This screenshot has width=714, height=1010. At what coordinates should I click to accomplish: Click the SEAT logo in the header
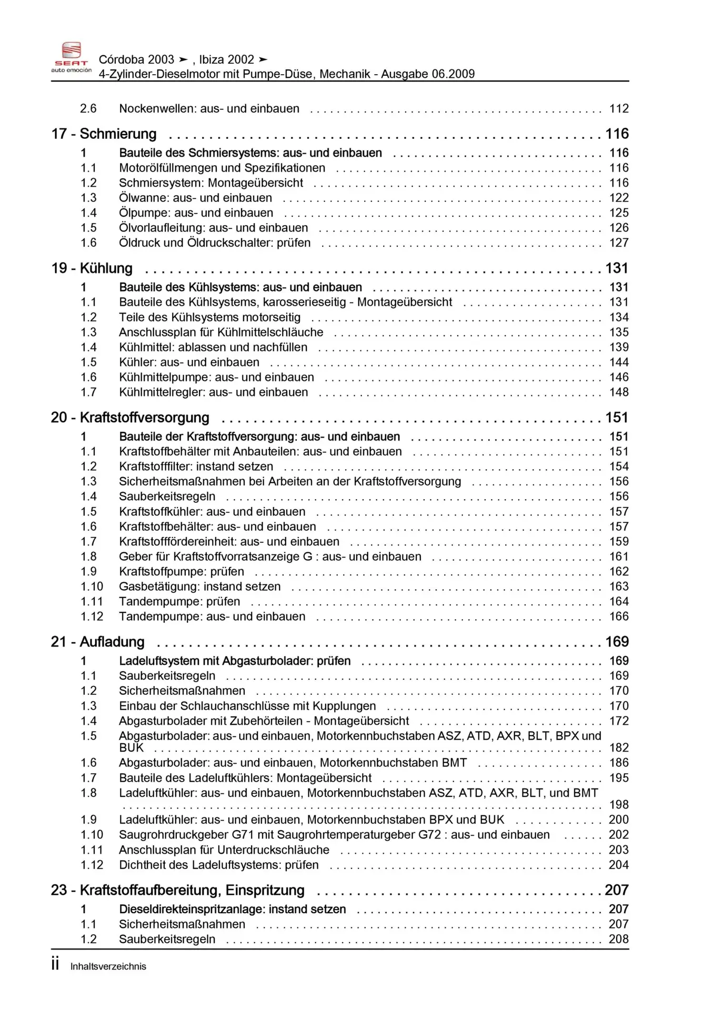tap(71, 57)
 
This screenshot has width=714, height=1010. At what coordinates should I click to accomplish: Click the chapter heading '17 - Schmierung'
tap(104, 134)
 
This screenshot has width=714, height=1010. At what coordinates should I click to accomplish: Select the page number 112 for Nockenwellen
tap(619, 109)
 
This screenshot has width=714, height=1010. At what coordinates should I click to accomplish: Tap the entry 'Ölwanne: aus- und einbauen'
tap(195, 198)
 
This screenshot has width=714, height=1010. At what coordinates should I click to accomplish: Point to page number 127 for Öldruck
tap(619, 243)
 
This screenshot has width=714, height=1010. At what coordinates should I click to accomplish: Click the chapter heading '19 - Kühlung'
tap(92, 268)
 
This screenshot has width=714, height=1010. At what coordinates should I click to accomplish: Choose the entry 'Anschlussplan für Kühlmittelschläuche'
tap(221, 332)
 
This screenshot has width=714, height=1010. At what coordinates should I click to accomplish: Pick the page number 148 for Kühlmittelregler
tap(619, 392)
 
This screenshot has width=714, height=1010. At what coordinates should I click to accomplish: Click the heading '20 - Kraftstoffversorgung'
tap(130, 418)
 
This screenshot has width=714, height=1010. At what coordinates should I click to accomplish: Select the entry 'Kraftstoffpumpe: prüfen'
tap(182, 572)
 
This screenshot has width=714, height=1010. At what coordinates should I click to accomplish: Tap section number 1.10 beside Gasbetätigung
tap(92, 587)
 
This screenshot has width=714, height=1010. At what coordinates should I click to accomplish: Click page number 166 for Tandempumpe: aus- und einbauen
tap(619, 617)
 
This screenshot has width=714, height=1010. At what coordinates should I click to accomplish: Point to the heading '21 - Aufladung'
tap(98, 642)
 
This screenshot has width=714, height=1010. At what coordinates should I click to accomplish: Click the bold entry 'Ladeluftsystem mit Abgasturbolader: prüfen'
tap(235, 661)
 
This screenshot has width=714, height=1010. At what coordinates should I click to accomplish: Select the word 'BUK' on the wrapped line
tap(131, 748)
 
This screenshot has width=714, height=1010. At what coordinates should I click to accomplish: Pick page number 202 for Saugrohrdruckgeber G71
tap(619, 835)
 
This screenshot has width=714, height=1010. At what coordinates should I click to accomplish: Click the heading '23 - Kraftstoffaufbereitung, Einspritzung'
tap(178, 890)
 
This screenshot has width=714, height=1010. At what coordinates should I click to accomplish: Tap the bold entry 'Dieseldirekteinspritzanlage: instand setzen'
tap(233, 910)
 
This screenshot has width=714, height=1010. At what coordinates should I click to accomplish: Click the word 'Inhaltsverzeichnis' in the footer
tap(108, 967)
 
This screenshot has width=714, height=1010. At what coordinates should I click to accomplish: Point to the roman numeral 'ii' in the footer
tap(55, 964)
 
